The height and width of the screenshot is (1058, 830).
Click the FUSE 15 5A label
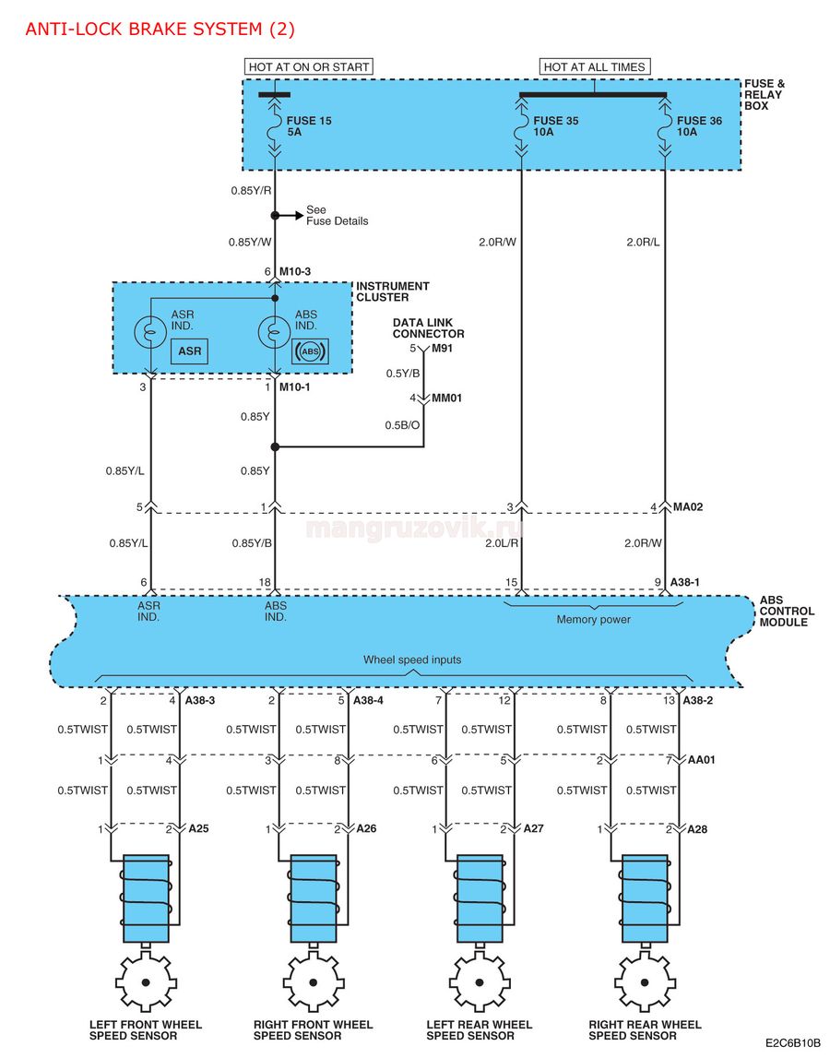[x=309, y=126]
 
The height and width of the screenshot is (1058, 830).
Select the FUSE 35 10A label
[x=556, y=126]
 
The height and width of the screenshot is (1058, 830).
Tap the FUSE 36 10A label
[x=699, y=126]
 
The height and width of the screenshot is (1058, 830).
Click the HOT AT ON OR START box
[x=308, y=66]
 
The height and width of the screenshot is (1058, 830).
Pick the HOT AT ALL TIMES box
[x=595, y=66]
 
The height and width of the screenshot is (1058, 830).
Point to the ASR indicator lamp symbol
[x=150, y=331]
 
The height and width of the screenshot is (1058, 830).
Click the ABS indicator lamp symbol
[x=275, y=331]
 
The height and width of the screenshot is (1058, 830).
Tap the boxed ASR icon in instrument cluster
[x=190, y=351]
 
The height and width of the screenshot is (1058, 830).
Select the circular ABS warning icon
[x=310, y=351]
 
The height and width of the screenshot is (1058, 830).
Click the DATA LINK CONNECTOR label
[x=429, y=328]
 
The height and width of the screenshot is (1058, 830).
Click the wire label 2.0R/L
[x=643, y=243]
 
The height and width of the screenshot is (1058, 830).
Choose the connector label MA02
[x=688, y=506]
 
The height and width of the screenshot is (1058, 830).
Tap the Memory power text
[x=593, y=620]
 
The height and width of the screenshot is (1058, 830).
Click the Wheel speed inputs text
[x=412, y=660]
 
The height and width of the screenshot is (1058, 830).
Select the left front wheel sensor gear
[x=146, y=981]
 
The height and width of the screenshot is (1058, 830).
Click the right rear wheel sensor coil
[x=646, y=898]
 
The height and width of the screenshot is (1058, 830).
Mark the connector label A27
[x=533, y=828]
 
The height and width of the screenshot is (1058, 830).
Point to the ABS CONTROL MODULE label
[x=787, y=612]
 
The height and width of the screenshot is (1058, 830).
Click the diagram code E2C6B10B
[x=793, y=1043]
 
